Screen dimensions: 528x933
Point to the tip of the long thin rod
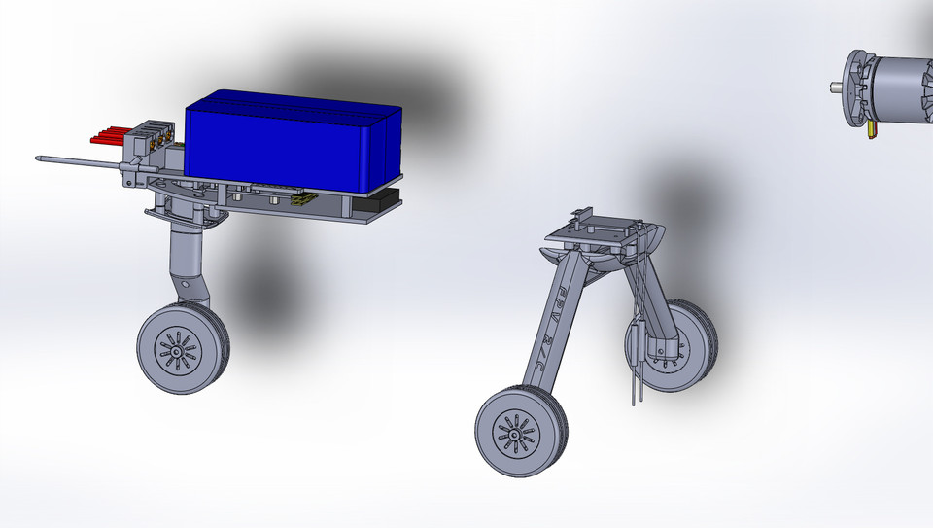click(38, 158)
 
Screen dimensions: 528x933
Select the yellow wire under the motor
click(872, 128)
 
